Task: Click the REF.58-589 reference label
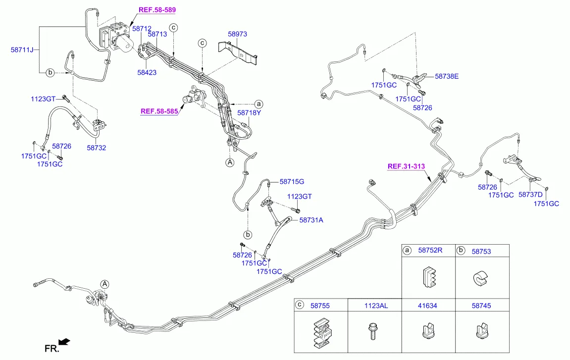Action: coord(157,10)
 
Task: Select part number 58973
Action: coord(237,34)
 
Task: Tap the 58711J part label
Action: coord(22,50)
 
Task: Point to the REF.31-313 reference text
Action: coord(406,166)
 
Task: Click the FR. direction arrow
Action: coord(64,342)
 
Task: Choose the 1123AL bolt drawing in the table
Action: coord(373,331)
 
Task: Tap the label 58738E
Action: coord(447,76)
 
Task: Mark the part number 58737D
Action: coord(530,195)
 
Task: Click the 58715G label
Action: coord(292,182)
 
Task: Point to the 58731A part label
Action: coord(311,220)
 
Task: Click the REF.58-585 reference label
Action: coord(159,111)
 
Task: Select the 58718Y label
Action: coord(249,113)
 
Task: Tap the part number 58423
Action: coord(147,72)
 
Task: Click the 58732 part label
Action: coord(97,148)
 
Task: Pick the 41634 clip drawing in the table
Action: coord(427,330)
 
